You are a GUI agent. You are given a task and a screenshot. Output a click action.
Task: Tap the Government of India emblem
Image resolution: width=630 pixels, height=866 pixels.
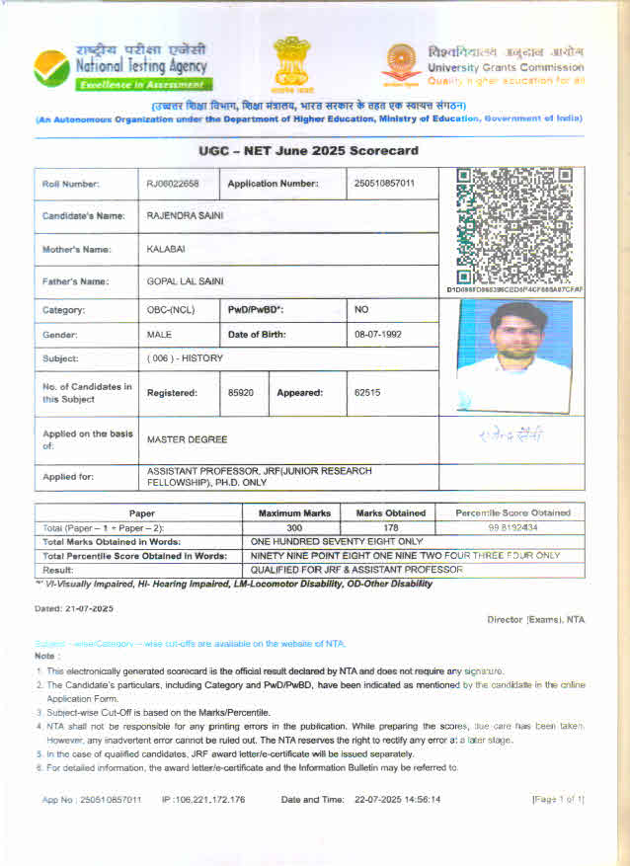pyautogui.click(x=291, y=64)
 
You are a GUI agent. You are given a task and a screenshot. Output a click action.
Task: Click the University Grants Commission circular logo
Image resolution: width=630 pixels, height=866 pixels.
pyautogui.click(x=401, y=63)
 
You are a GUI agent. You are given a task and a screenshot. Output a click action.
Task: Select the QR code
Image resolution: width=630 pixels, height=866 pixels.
pyautogui.click(x=513, y=225)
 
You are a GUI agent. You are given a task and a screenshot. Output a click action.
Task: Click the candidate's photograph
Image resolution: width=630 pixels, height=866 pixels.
pyautogui.click(x=514, y=355)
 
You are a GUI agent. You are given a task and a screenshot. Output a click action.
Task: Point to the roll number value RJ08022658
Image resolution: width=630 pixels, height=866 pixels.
pyautogui.click(x=173, y=184)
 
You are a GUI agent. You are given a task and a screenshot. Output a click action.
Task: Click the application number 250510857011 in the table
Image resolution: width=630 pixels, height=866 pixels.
pyautogui.click(x=385, y=184)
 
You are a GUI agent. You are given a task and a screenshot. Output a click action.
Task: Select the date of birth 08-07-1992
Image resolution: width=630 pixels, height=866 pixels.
pyautogui.click(x=378, y=335)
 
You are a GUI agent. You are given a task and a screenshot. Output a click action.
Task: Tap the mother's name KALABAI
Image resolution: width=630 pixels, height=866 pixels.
pyautogui.click(x=166, y=249)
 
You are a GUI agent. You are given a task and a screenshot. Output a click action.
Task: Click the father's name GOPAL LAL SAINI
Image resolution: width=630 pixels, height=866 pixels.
pyautogui.click(x=185, y=281)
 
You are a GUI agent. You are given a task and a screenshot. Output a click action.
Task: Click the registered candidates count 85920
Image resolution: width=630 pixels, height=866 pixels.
pyautogui.click(x=241, y=393)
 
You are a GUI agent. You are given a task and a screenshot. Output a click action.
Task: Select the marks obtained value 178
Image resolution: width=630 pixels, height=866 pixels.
pyautogui.click(x=391, y=528)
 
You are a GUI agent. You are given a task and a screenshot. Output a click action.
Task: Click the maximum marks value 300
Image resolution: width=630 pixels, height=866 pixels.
pyautogui.click(x=292, y=528)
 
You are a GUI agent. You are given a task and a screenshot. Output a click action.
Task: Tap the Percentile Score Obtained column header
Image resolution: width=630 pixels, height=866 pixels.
pyautogui.click(x=512, y=513)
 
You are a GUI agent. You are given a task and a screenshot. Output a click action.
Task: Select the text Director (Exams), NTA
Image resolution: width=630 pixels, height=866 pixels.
pyautogui.click(x=536, y=619)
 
